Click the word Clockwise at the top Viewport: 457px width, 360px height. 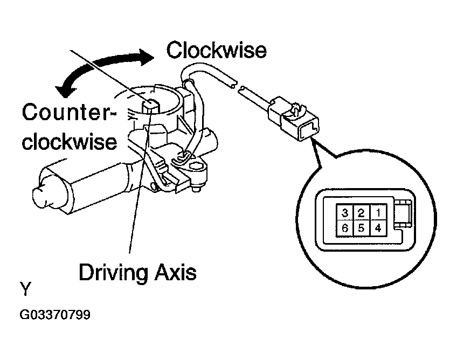pyautogui.click(x=216, y=50)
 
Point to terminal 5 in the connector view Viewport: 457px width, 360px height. pyautogui.click(x=361, y=228)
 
